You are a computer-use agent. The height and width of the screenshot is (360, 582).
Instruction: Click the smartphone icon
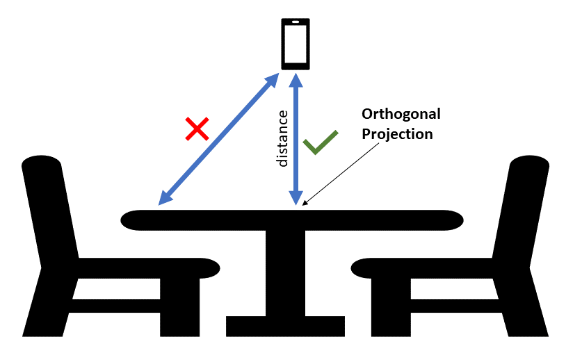coord(296,44)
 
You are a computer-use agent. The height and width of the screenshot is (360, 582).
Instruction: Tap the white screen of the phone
coord(296,44)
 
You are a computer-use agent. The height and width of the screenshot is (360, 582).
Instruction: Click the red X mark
coord(197,129)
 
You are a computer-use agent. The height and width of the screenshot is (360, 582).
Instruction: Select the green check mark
coord(321,142)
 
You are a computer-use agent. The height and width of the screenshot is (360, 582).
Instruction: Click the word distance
coord(282,138)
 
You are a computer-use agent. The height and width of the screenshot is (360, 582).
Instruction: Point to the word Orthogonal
coord(401,114)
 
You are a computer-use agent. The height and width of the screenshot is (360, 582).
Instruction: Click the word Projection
coord(397,134)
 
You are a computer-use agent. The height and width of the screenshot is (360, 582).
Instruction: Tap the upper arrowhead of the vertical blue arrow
coord(296,80)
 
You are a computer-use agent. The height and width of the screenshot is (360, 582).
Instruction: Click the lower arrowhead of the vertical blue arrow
coord(296,198)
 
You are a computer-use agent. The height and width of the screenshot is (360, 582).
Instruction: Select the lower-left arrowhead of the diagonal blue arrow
coord(165,198)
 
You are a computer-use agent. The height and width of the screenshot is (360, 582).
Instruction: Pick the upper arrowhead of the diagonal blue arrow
coord(272,80)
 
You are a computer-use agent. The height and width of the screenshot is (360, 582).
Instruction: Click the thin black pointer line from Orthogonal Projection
coord(341,174)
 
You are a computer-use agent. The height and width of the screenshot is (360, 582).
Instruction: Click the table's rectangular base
coord(285,326)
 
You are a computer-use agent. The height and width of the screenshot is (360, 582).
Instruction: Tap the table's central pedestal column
coord(285,273)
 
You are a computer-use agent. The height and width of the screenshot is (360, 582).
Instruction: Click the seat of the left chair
coord(149,268)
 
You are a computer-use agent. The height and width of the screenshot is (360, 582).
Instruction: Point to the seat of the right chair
coord(422,268)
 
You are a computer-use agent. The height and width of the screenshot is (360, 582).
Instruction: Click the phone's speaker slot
coord(296,22)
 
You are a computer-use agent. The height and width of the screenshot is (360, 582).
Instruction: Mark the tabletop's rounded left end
coord(130,220)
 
